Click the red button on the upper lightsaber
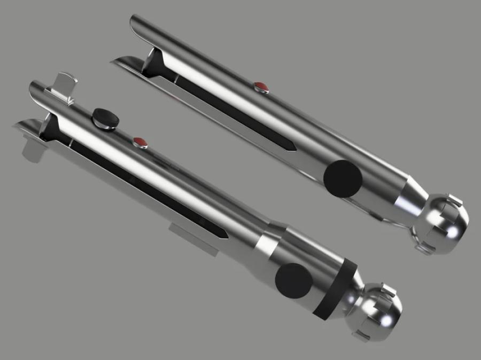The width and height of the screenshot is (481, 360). tap(260, 86)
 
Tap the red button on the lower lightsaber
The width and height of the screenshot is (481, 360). tap(139, 142)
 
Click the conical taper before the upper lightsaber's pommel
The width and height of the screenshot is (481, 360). tap(410, 197)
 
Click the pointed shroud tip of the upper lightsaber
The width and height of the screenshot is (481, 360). tap(114, 62)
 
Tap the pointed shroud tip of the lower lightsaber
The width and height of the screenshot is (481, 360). tap(16, 126)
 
